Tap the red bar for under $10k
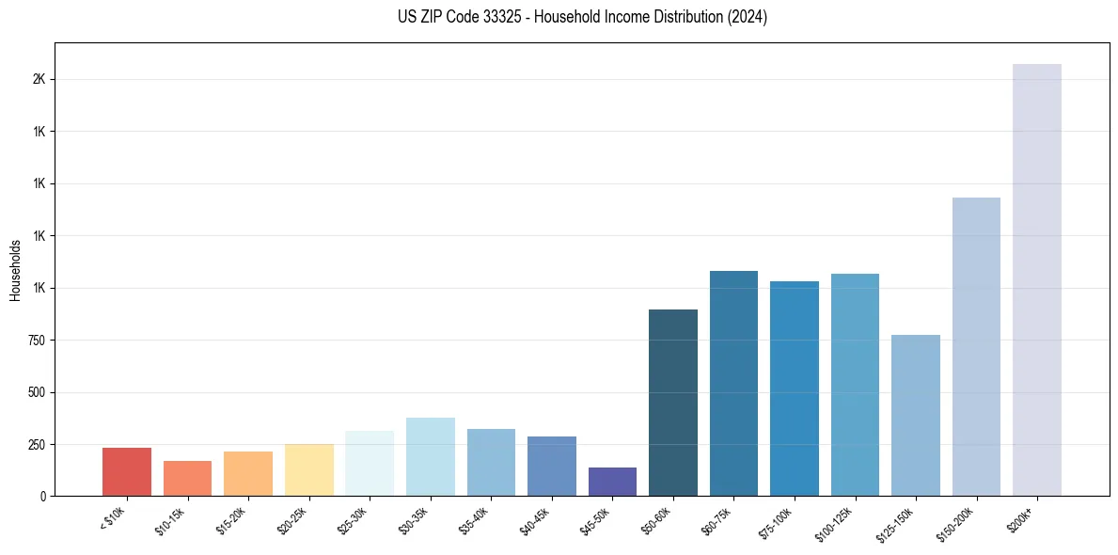coord(127,471)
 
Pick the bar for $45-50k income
coord(612,482)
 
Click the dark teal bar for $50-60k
coord(673,403)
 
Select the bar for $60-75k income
coord(733,383)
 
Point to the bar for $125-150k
coord(915,415)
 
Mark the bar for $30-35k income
coord(431,456)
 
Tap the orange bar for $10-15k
coord(187,478)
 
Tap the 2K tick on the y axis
coord(39,79)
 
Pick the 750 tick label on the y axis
coord(37,340)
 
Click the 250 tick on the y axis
coord(37,444)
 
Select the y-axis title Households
coord(15,270)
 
